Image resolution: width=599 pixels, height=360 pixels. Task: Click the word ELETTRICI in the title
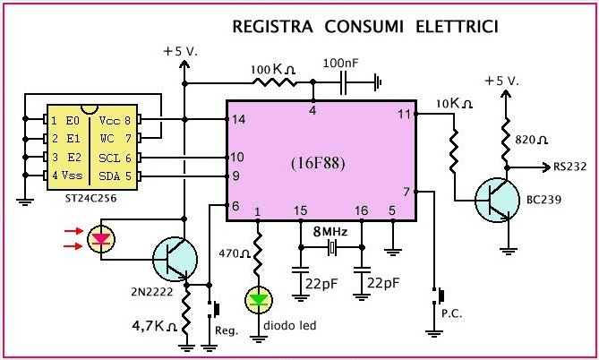[x=454, y=29]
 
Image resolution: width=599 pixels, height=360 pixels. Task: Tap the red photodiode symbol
[x=102, y=239]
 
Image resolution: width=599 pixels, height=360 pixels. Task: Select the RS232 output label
[x=569, y=167]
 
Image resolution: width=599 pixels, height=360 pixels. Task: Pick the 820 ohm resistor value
[x=533, y=139]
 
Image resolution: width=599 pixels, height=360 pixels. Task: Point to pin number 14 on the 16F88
[x=238, y=119]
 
